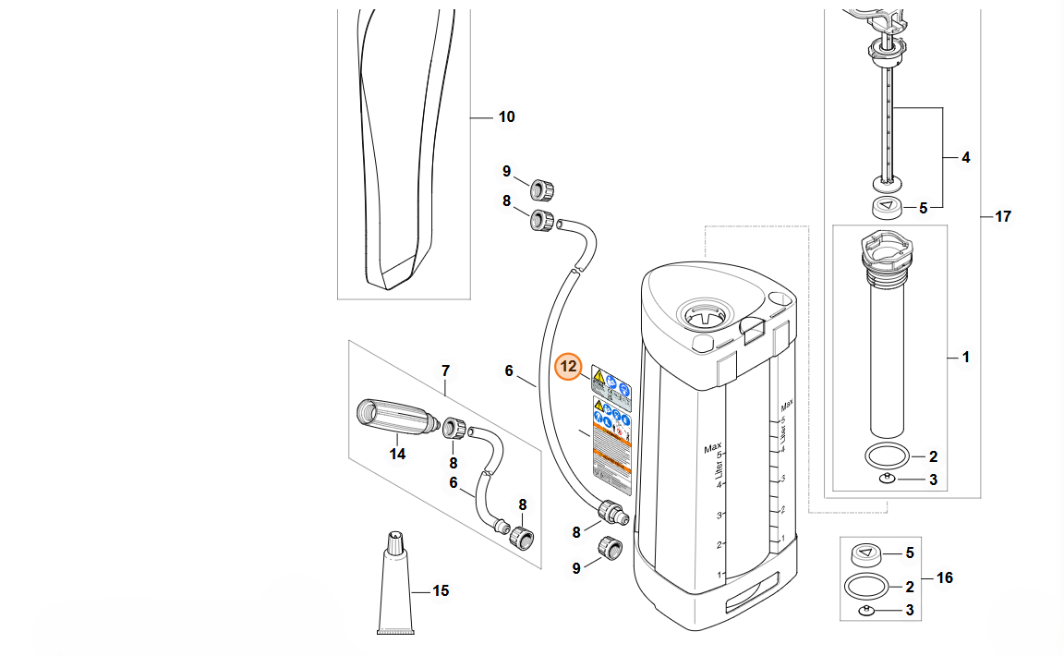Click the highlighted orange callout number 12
tap(568, 368)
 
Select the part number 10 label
tap(506, 117)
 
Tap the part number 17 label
tap(1002, 217)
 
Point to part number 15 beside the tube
tap(441, 590)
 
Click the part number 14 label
tap(397, 454)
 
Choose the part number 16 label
tap(944, 578)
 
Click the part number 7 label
tap(445, 371)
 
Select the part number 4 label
tap(965, 158)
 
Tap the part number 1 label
tap(965, 357)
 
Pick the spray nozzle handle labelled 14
tap(393, 418)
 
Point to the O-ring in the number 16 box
tap(867, 586)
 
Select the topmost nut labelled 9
tap(542, 188)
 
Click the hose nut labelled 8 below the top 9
tap(543, 222)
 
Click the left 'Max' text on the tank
tap(711, 449)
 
